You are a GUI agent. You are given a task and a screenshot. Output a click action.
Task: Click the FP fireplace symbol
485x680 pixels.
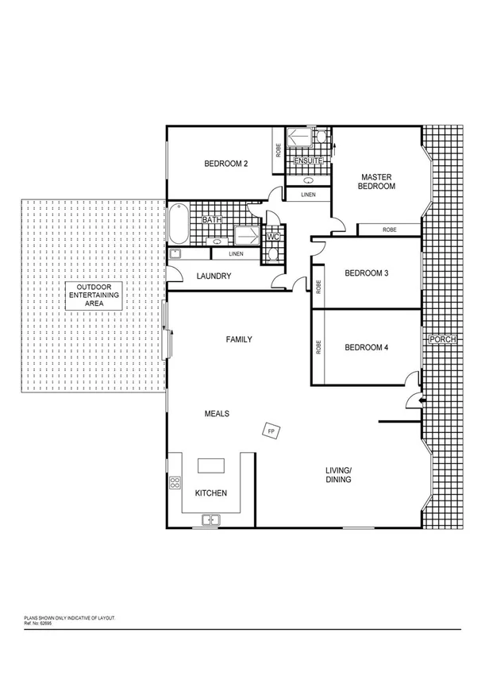click(271, 431)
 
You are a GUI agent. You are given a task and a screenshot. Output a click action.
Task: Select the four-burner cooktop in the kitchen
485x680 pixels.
click(175, 482)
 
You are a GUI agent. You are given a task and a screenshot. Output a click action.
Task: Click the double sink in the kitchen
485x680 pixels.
click(210, 520)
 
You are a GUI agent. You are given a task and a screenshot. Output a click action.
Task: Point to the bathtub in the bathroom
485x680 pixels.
click(178, 225)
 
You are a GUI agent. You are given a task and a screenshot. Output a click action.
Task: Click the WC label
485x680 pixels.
click(272, 237)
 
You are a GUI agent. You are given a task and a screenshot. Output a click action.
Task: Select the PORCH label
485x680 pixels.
click(441, 340)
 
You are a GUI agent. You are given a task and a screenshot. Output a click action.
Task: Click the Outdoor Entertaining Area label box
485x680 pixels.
click(94, 295)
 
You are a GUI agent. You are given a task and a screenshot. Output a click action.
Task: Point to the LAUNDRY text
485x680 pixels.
click(214, 276)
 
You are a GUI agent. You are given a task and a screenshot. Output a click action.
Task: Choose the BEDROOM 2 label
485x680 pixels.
click(226, 164)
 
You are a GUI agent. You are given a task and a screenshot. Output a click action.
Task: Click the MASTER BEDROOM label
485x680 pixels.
click(378, 182)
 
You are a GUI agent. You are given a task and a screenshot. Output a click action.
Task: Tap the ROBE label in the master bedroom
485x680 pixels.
click(389, 230)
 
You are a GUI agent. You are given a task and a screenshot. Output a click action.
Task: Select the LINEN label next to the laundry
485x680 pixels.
click(236, 254)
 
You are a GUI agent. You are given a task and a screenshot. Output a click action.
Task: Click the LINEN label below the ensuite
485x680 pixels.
click(306, 194)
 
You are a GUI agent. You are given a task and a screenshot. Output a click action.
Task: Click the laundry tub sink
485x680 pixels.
click(175, 254)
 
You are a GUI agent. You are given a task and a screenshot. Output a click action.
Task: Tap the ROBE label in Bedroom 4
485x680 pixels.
click(318, 347)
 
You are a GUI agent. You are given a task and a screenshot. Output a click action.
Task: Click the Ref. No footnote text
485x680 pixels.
click(40, 622)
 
